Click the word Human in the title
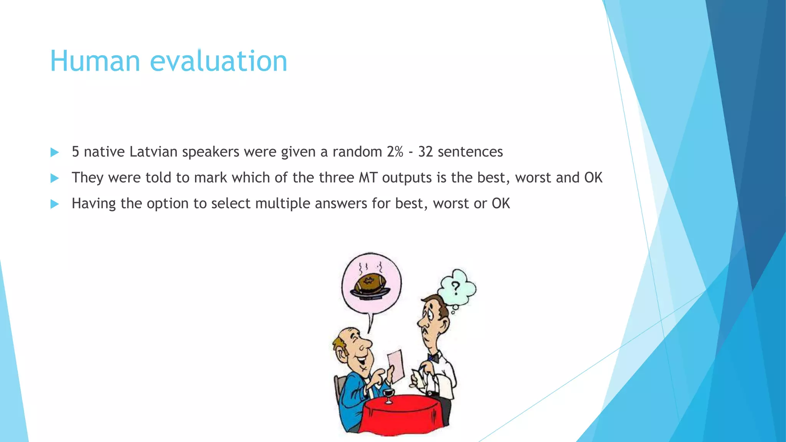tap(95, 61)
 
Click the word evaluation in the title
tap(218, 61)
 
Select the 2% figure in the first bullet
tap(395, 152)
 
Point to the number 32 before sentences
tap(425, 152)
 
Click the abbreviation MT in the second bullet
tap(368, 178)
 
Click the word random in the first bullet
tap(357, 152)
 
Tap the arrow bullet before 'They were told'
tap(54, 178)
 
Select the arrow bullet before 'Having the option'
tap(54, 204)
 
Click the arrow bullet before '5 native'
tap(54, 152)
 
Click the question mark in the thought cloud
tap(456, 287)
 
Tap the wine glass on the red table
tap(389, 395)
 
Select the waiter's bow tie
tap(433, 358)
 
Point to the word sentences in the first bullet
tap(470, 152)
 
